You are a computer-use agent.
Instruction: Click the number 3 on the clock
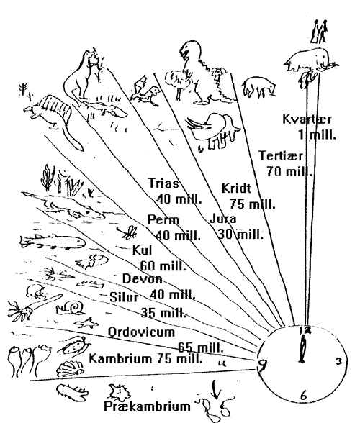(338, 361)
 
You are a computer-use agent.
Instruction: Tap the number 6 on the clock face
(304, 396)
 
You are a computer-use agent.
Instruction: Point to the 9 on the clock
(262, 365)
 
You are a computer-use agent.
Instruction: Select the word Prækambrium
(147, 406)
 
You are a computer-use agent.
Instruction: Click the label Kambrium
(120, 359)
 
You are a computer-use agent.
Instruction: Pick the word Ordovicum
(141, 332)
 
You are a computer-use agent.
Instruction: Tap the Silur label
(124, 297)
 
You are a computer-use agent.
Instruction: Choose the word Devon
(143, 278)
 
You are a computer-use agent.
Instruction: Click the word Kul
(142, 250)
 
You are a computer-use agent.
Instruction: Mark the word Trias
(163, 183)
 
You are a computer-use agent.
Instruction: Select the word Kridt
(236, 188)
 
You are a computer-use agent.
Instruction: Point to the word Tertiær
(281, 155)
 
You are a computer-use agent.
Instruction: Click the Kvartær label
(307, 119)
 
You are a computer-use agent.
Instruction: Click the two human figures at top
(320, 32)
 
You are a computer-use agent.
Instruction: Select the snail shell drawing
(71, 308)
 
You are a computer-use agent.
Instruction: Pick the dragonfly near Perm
(127, 232)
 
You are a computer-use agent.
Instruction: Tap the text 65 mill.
(200, 347)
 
